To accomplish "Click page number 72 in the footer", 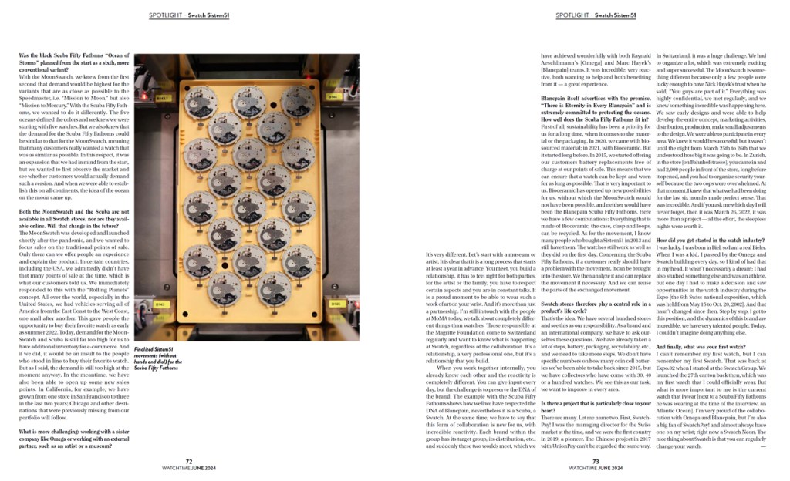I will point(189,461).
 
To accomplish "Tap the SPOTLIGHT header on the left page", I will point(188,15).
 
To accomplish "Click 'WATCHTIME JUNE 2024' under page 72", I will point(189,468).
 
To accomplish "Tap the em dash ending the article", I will point(764,446).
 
